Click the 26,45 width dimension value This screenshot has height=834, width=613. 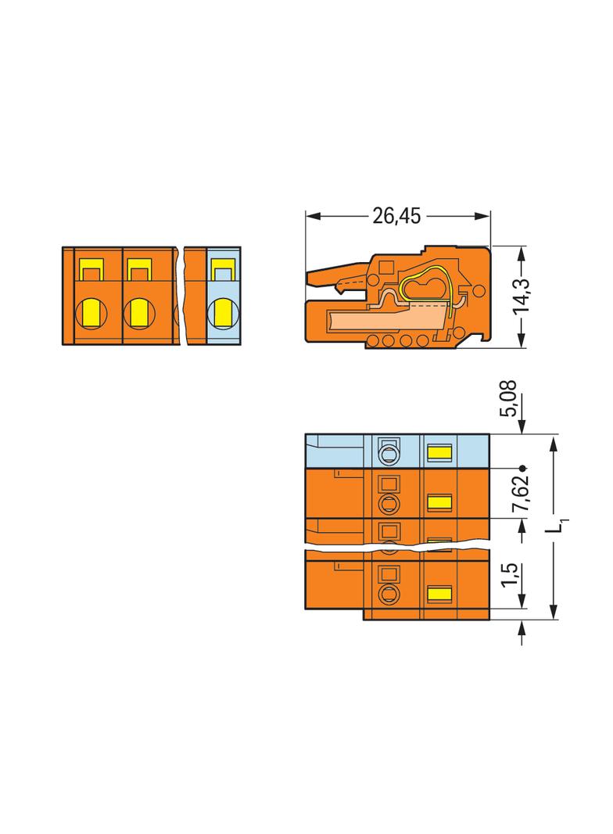(396, 216)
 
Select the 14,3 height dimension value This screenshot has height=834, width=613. (521, 296)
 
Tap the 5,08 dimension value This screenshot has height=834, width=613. (507, 398)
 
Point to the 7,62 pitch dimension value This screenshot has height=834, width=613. (521, 493)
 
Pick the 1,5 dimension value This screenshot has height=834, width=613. (509, 574)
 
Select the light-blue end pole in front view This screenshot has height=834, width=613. (224, 296)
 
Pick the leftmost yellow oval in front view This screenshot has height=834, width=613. (91, 313)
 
